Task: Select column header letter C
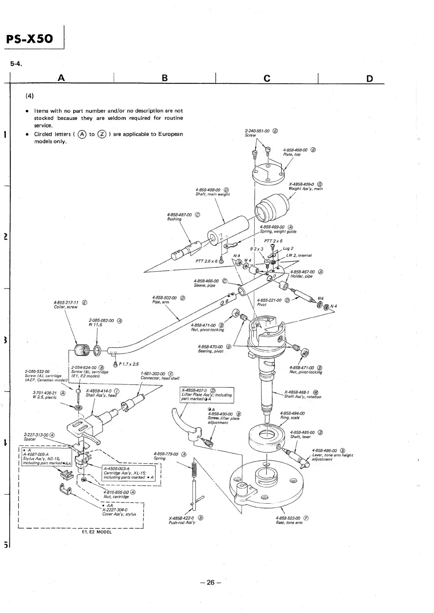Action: [x=267, y=78]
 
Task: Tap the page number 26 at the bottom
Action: [x=211, y=582]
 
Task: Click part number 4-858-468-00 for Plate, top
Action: [x=295, y=150]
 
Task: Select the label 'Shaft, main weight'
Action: [x=212, y=194]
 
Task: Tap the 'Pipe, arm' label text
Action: [x=160, y=302]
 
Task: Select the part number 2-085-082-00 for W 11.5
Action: [x=101, y=321]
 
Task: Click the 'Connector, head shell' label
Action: [x=160, y=378]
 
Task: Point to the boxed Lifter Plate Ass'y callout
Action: [x=206, y=395]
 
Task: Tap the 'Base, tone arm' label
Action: [x=289, y=523]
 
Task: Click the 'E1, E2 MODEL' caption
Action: [x=97, y=532]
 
